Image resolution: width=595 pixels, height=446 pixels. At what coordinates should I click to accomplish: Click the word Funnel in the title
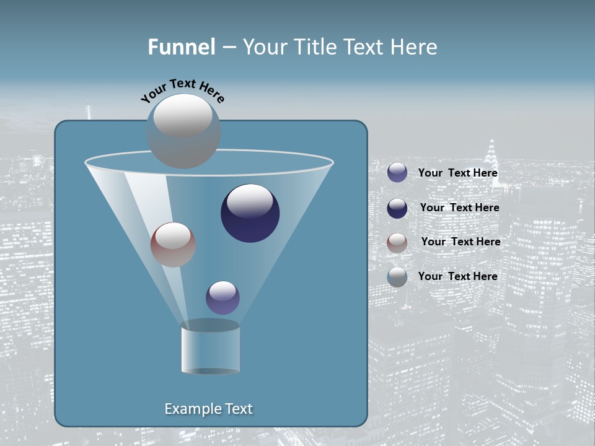tap(181, 47)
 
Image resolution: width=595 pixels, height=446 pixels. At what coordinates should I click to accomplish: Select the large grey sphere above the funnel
tap(183, 131)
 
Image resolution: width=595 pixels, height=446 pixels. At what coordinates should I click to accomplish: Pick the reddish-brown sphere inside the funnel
tap(173, 245)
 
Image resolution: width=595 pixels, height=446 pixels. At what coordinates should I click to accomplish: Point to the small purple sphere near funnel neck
tap(223, 298)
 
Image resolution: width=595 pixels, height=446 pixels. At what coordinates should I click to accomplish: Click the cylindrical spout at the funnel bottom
tap(211, 348)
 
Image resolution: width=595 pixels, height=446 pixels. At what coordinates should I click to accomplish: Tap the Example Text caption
tap(209, 409)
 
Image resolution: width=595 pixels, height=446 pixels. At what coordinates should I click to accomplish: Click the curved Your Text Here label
tap(182, 90)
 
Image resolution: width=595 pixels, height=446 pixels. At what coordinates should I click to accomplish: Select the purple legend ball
tap(397, 172)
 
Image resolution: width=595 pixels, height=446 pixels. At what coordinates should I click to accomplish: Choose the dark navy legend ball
tap(397, 208)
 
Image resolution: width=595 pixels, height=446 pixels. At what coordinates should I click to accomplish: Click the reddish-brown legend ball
tap(397, 243)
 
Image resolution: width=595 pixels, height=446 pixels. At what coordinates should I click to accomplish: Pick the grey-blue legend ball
tap(397, 277)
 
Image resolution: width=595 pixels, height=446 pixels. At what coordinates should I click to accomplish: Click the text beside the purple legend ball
tap(457, 173)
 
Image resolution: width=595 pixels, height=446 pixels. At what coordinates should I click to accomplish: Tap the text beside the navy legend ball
tap(459, 208)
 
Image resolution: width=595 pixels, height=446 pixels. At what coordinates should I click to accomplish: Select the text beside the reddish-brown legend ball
tap(461, 242)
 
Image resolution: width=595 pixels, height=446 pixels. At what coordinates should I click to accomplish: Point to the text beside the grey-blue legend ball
tap(457, 276)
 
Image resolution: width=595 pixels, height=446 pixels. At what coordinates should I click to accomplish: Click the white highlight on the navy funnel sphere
tap(250, 201)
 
